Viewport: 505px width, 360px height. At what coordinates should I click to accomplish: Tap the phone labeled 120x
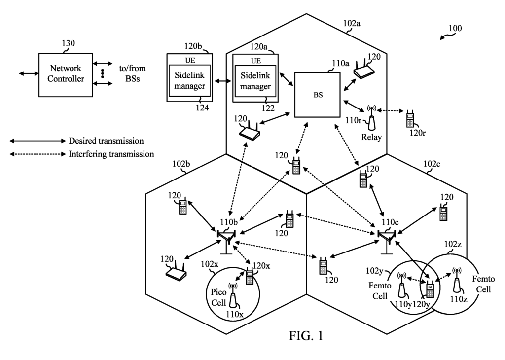click(250, 277)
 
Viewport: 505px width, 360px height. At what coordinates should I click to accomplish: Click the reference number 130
click(69, 43)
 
